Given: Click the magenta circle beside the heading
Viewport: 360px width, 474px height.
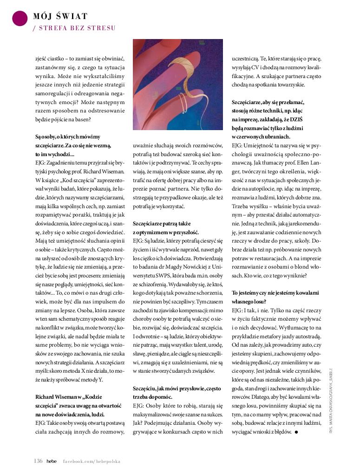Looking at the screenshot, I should [19, 18].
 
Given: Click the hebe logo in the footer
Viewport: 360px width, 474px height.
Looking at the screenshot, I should [52, 461].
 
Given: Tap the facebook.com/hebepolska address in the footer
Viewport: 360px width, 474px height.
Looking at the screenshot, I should [92, 461].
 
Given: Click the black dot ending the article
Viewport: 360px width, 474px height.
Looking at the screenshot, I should [296, 432].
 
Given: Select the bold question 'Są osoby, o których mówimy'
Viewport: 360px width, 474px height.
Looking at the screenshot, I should [68, 136].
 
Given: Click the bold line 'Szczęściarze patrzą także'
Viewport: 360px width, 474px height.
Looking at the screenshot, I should [162, 223].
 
